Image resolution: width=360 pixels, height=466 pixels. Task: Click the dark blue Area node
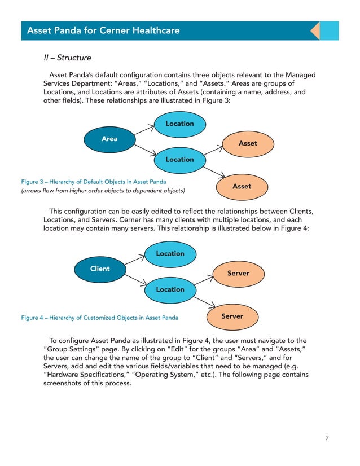point(109,139)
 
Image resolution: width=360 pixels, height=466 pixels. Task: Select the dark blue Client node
point(100,269)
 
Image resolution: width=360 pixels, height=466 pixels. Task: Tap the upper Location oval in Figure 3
point(179,124)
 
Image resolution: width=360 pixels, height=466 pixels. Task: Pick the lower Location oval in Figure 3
point(179,160)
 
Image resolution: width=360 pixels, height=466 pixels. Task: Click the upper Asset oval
point(248,144)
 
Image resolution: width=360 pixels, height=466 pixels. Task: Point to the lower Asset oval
point(242,186)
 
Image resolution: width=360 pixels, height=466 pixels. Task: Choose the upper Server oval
point(238,274)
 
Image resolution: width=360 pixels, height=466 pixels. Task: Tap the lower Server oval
point(232,316)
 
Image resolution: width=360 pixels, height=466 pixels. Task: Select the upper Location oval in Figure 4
point(170,254)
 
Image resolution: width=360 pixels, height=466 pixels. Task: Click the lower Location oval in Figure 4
point(170,289)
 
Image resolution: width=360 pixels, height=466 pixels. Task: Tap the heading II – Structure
point(67,58)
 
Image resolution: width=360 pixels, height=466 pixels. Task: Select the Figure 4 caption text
point(99,318)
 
